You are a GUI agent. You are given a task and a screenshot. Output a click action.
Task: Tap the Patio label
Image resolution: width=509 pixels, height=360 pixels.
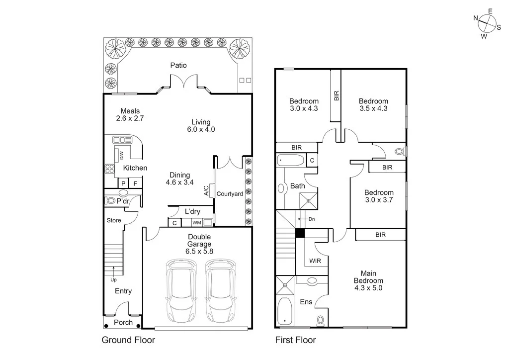[178, 65]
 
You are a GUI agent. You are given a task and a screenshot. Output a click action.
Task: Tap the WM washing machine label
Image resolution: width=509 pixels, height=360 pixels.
[196, 223]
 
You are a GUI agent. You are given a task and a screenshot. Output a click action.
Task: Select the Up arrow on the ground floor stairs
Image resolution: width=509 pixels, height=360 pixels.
[114, 270]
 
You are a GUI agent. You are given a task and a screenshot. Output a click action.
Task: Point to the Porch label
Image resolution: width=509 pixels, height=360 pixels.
[123, 322]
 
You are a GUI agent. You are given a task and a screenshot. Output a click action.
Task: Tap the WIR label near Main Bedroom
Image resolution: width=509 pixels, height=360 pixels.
[315, 260]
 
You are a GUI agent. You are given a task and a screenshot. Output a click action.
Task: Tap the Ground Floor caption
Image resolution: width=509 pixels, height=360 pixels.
[128, 341]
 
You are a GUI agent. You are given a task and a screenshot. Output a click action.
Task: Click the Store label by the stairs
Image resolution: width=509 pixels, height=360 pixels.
[114, 220]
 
